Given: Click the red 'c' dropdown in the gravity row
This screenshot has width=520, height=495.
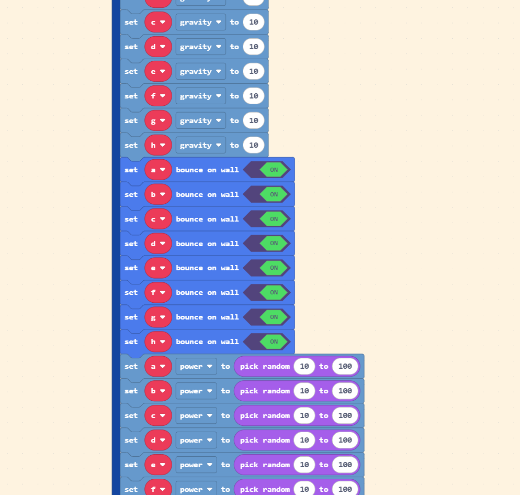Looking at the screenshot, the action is click(158, 22).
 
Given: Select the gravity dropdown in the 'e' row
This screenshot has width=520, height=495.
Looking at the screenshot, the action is click(201, 71).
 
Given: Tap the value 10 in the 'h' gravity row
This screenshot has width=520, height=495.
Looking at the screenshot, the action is click(254, 145).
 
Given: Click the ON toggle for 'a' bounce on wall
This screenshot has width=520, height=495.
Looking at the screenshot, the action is click(274, 170).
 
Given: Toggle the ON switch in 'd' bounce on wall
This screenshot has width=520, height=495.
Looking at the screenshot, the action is click(274, 244).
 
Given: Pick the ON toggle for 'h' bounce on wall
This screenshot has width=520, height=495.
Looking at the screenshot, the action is click(274, 342).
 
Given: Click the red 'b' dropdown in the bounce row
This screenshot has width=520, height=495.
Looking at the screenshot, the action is click(158, 194).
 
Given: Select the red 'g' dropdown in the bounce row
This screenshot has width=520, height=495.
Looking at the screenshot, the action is click(158, 317).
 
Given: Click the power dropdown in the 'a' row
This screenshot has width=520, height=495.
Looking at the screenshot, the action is click(196, 367).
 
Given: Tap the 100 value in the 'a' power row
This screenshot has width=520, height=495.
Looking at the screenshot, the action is click(345, 367).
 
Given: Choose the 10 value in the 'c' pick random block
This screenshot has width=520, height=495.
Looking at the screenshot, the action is click(304, 416).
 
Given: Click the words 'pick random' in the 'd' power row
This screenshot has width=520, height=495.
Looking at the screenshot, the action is click(265, 440).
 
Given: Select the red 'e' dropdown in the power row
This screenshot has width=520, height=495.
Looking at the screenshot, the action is click(158, 465).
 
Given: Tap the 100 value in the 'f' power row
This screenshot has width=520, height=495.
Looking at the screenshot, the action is click(345, 489).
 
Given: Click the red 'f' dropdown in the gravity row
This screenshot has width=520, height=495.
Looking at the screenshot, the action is click(158, 96).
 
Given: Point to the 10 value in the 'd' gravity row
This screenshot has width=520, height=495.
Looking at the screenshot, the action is click(254, 47).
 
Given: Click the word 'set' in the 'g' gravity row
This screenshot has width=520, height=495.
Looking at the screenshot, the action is click(131, 121).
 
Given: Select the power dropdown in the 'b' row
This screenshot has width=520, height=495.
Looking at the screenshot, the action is click(196, 391).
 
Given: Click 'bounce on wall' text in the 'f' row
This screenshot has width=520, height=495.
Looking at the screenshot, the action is click(207, 292).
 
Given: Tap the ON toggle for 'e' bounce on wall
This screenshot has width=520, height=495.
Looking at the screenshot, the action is click(274, 268).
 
